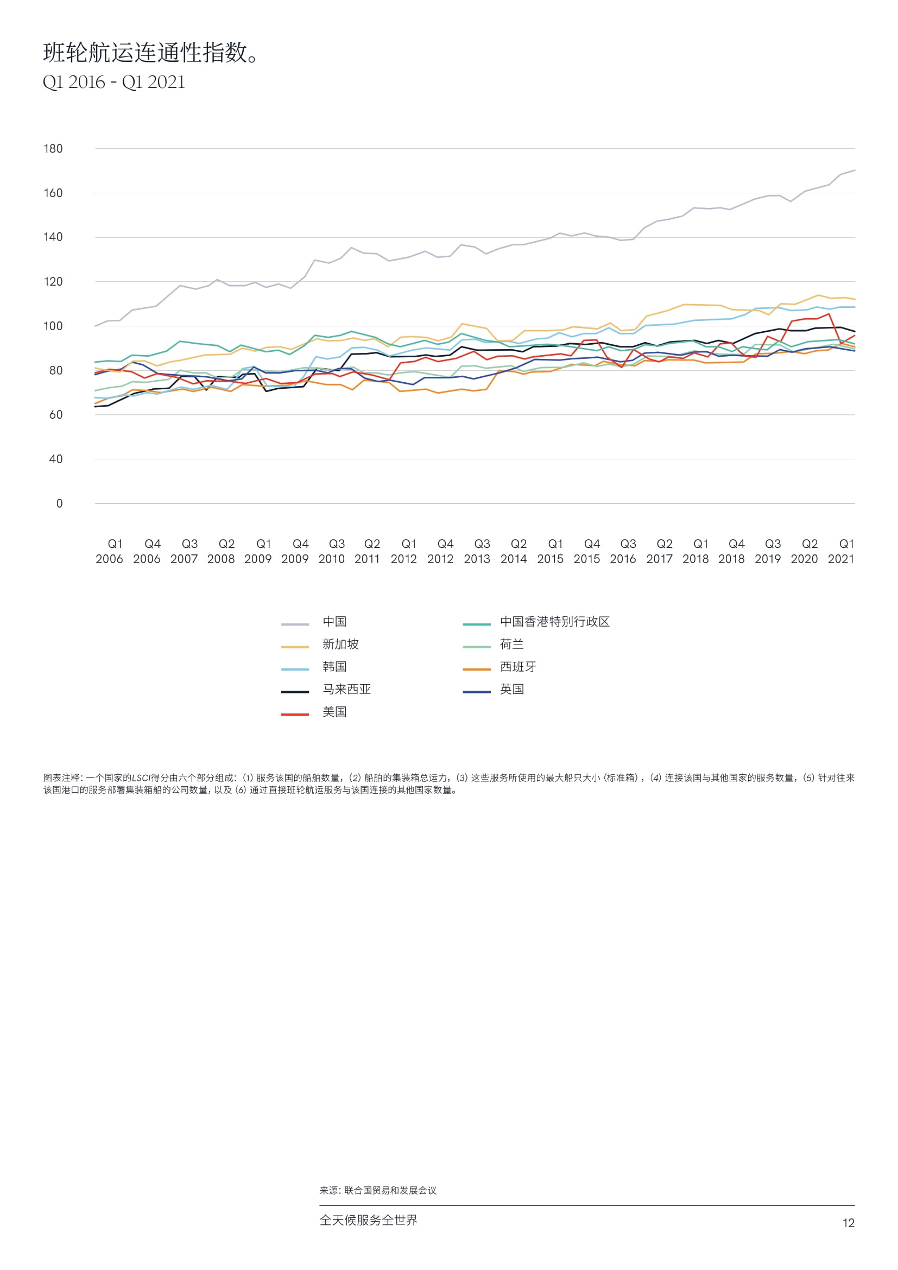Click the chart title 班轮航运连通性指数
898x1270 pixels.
150,53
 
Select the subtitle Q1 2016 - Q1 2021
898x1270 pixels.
114,82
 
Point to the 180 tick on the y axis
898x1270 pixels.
53,149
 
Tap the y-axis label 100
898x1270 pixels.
53,326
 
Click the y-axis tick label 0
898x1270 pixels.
59,504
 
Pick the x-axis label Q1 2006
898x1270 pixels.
110,552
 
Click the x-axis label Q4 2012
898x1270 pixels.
441,552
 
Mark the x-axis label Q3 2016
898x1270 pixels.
623,552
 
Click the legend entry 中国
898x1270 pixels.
334,622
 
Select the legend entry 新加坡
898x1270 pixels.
340,645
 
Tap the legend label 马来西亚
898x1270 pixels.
347,689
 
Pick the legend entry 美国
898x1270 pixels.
334,712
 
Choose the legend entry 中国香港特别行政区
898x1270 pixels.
555,622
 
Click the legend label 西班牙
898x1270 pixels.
518,667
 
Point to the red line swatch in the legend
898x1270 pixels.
295,715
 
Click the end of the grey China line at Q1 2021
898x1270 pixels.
855,170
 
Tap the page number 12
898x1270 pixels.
848,1223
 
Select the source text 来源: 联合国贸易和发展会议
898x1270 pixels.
378,1190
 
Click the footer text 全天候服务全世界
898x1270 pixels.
368,1220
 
